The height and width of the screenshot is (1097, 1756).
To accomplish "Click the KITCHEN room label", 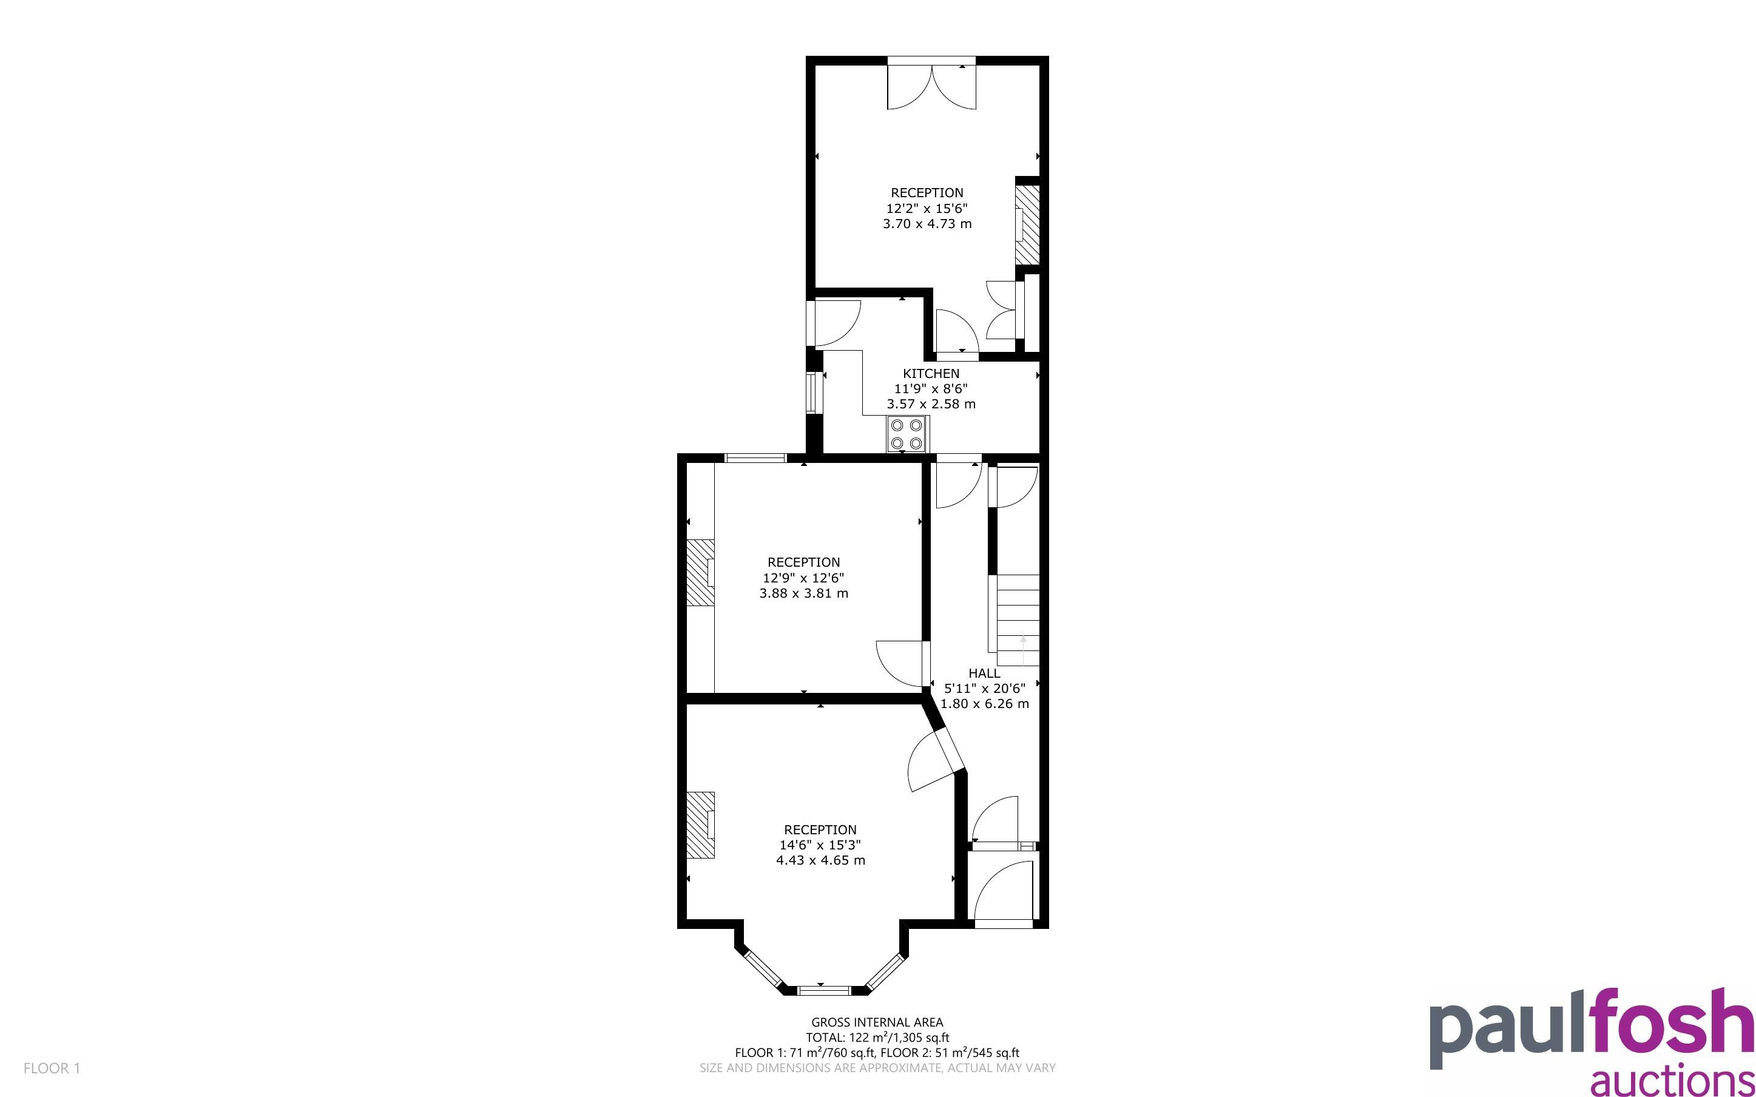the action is pos(931,374).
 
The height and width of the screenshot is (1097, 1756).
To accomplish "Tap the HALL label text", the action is pos(984,673).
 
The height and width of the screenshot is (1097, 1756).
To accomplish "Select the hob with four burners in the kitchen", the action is pos(907,434).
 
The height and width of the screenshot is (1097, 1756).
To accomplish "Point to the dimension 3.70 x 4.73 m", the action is pos(927,224).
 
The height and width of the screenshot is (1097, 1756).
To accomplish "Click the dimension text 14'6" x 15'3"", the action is pos(820,845).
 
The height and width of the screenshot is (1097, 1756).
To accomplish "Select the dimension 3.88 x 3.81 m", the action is pos(803,593).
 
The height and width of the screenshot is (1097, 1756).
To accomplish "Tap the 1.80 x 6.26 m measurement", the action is pos(984,704).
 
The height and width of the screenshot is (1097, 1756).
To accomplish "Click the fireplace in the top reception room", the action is pos(1026,225).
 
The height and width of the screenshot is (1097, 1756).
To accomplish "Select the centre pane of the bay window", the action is pos(823,990).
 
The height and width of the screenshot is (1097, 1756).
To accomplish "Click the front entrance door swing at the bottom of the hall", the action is pos(1003,891).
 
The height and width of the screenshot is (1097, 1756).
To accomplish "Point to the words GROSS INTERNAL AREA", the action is pos(877,1023).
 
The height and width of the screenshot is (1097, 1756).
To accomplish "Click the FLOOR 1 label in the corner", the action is pos(52,1068).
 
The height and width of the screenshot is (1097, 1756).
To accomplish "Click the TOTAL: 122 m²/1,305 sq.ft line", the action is pos(877,1038).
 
